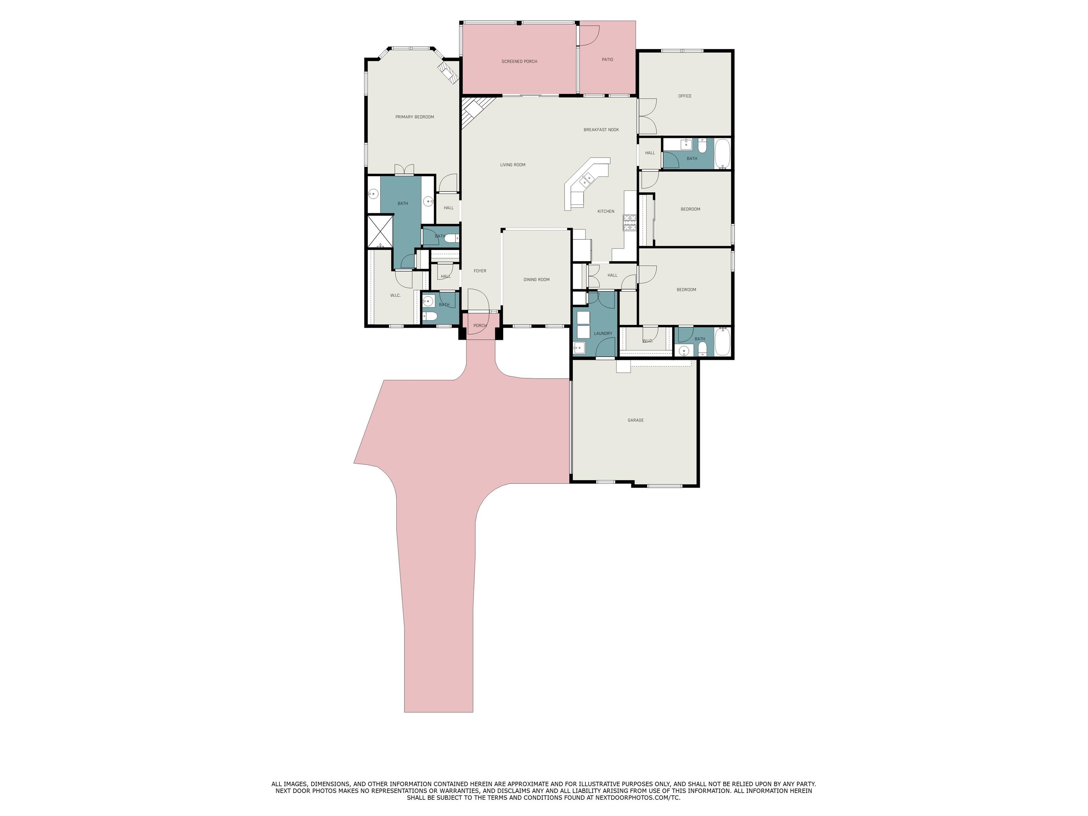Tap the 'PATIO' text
click(607, 59)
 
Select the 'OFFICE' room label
click(685, 96)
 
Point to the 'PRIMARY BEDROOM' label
click(415, 117)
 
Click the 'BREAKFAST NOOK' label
click(601, 130)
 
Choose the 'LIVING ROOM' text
click(512, 165)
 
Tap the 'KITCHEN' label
click(606, 211)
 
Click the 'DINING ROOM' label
click(536, 280)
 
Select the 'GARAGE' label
click(635, 420)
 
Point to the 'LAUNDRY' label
click(603, 334)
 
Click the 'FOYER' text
click(480, 271)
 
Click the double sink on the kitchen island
click(587, 181)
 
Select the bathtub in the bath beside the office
click(722, 154)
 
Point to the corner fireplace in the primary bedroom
click(449, 71)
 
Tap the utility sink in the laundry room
click(579, 348)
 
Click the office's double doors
click(647, 116)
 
